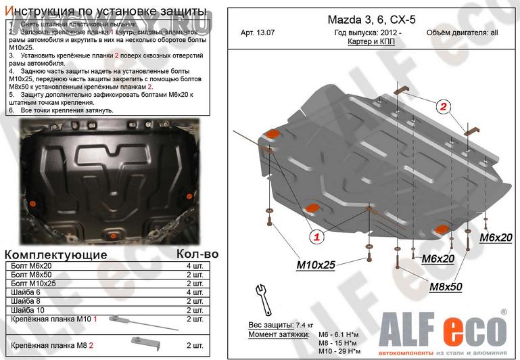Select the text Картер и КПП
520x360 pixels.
click(x=371, y=41)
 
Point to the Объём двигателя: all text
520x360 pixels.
click(x=462, y=32)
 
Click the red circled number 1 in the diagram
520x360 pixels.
click(x=316, y=236)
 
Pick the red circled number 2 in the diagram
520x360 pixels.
click(x=443, y=106)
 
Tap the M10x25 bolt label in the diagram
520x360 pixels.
click(x=315, y=265)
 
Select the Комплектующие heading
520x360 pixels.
click(x=56, y=254)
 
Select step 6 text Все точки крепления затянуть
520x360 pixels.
click(x=62, y=110)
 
